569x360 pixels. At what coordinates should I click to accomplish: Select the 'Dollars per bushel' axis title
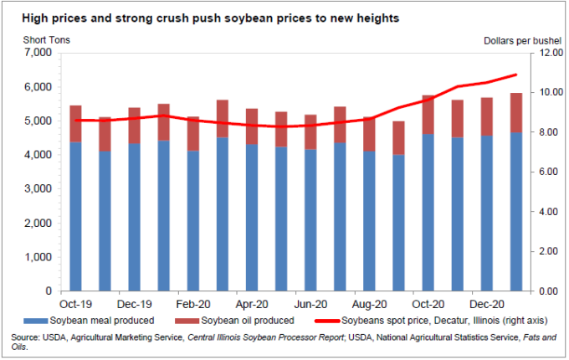[x=520, y=39]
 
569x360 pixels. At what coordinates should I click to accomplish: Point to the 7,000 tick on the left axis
[x=38, y=53]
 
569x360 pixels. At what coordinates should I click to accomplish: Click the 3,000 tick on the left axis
[x=38, y=189]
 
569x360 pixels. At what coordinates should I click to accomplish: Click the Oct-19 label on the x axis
[x=75, y=304]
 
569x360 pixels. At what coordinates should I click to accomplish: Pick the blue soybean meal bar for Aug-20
[x=369, y=221]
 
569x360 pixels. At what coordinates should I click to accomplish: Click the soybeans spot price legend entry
[x=435, y=320]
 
